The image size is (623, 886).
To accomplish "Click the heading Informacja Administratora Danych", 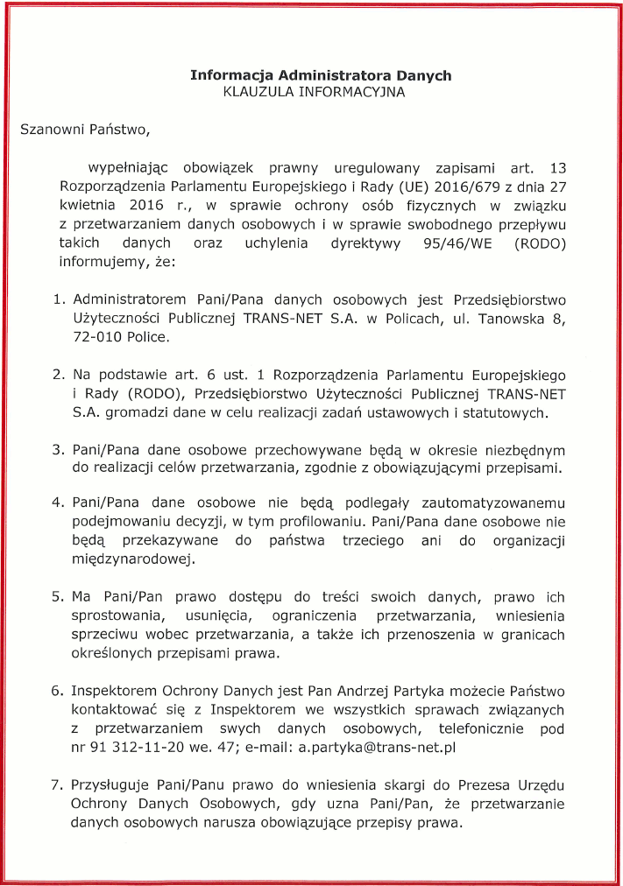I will point(321,75).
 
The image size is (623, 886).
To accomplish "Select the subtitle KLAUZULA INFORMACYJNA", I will point(321,91).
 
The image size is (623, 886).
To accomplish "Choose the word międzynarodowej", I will point(131,560).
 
